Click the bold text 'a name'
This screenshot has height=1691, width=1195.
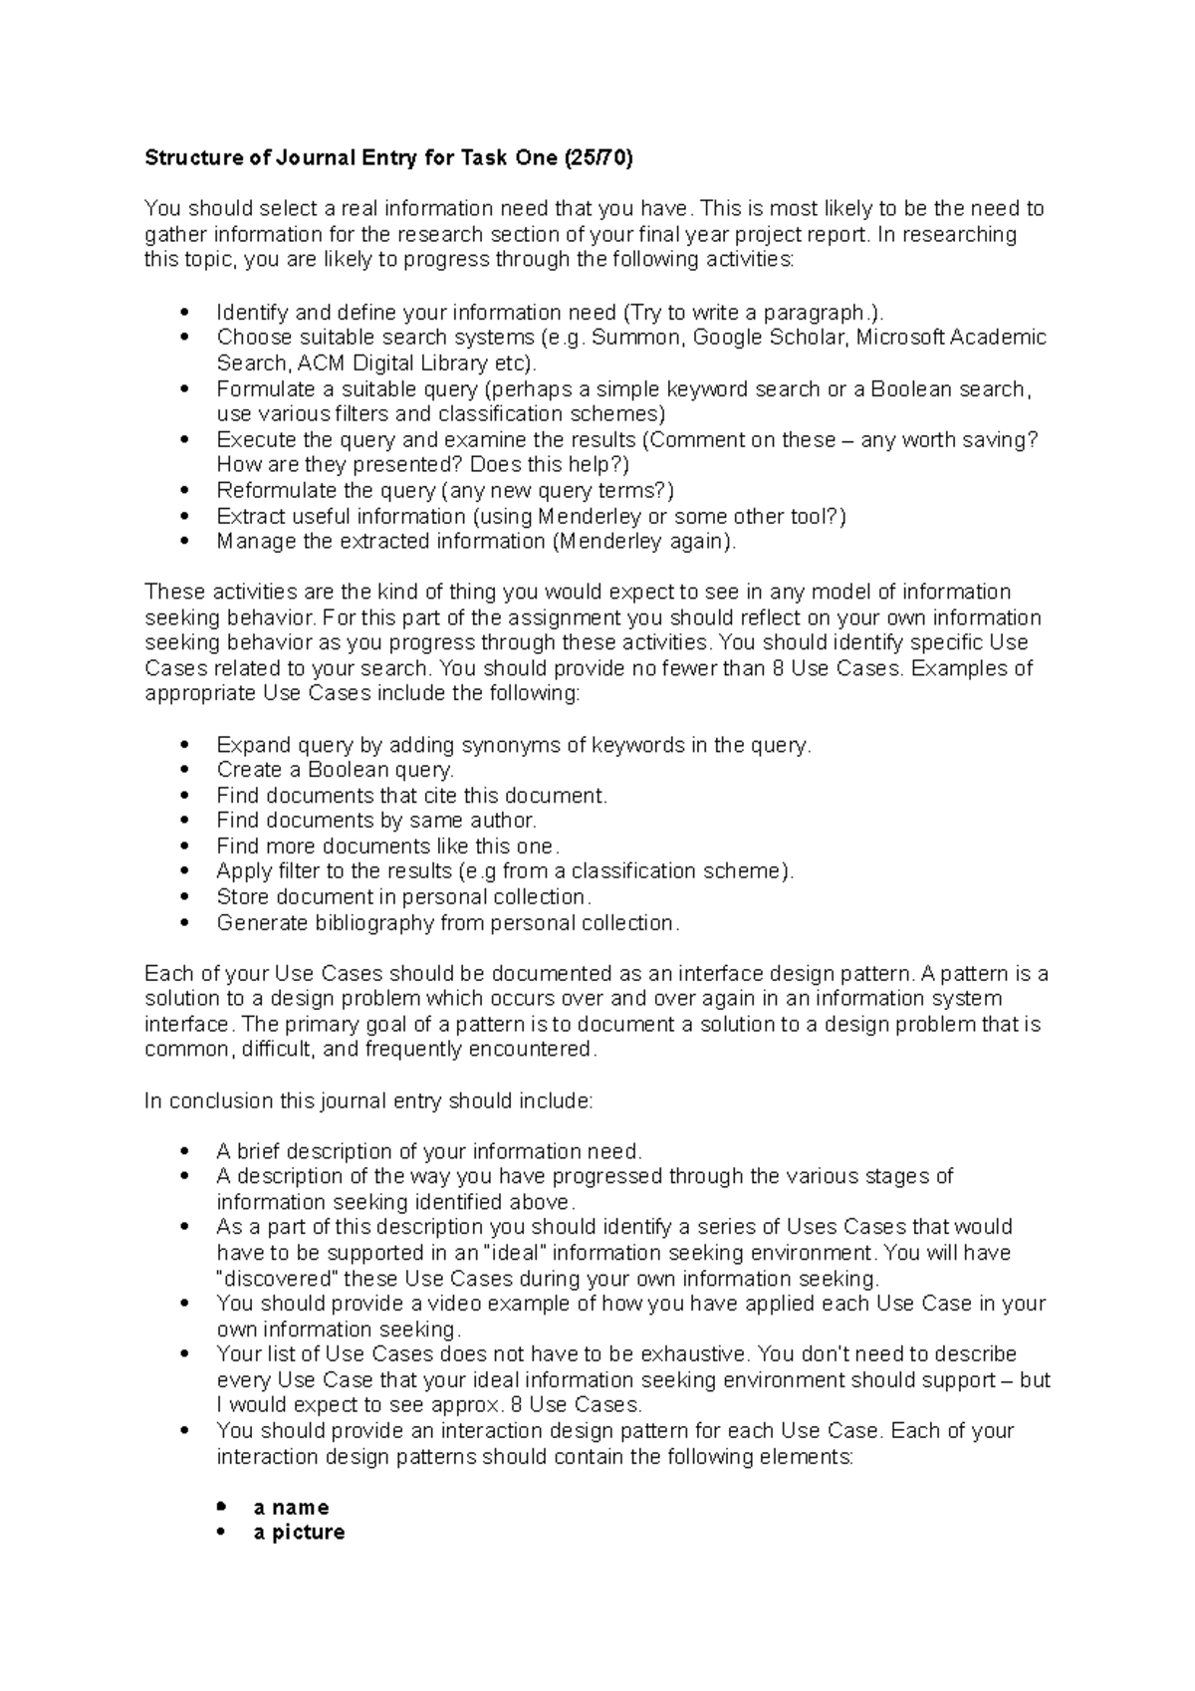[x=291, y=1507]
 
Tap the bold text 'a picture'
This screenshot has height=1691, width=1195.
[x=299, y=1532]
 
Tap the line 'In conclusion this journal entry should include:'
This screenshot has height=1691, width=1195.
[x=368, y=1100]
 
